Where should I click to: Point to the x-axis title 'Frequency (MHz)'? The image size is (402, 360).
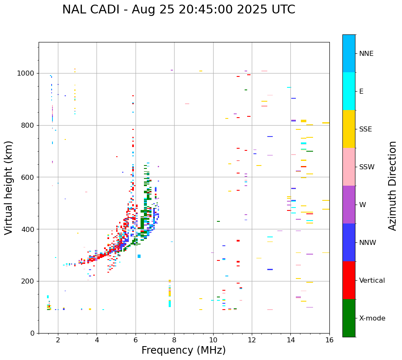pos(183,350)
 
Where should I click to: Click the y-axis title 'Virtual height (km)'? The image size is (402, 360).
pos(9,187)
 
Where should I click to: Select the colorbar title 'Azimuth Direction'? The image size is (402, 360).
pos(392,185)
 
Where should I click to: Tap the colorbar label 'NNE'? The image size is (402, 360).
pos(366,54)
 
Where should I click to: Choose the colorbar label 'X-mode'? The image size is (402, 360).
pos(372,318)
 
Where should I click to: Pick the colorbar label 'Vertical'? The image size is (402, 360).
pos(372,281)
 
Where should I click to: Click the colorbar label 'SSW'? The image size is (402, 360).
pos(366,167)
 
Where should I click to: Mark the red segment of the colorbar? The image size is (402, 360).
pos(349,280)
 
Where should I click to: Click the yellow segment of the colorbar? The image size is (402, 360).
pos(349,129)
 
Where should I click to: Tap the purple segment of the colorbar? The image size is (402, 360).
pos(349,204)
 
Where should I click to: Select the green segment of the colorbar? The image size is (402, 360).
pos(349,318)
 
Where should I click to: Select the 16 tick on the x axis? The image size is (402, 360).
pos(329,340)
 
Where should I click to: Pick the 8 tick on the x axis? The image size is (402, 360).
pos(174,340)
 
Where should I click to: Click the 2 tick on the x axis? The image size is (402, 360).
pos(58,340)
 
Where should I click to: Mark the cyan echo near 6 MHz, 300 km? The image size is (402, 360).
pos(139,256)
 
